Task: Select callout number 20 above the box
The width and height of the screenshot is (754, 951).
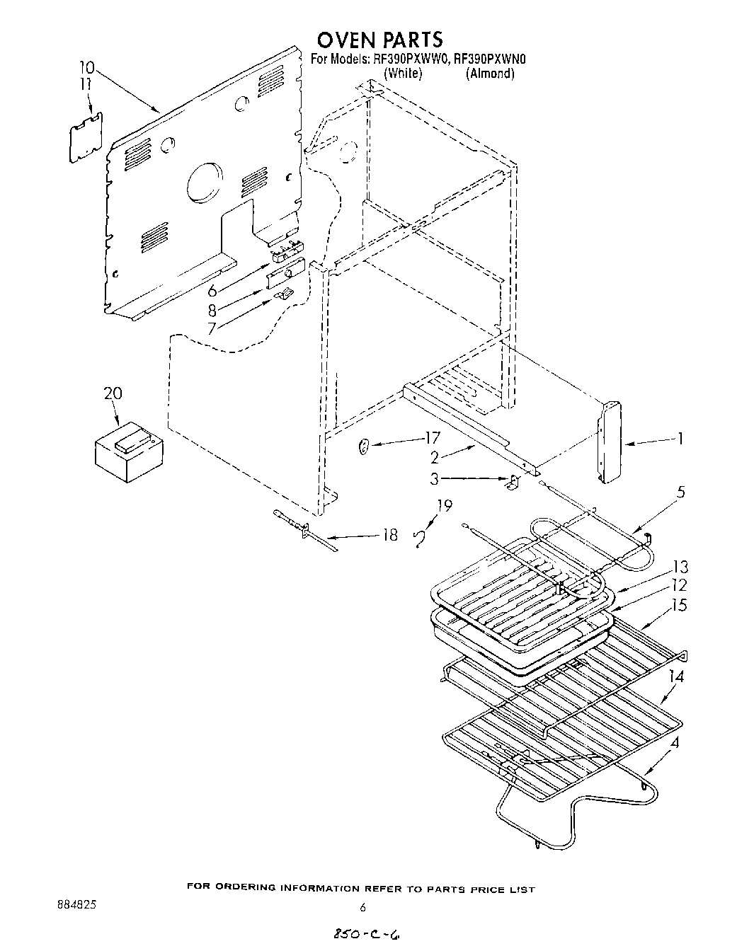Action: click(113, 394)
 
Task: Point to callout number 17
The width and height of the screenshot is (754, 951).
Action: click(431, 439)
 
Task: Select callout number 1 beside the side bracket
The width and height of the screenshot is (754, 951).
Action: click(680, 439)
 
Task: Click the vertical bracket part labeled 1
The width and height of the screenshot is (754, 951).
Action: click(610, 443)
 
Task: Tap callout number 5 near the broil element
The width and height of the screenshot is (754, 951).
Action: click(680, 492)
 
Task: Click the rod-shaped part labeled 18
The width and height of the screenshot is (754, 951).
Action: click(304, 528)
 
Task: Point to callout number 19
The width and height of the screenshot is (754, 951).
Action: click(444, 505)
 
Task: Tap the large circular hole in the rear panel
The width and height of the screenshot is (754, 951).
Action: click(205, 183)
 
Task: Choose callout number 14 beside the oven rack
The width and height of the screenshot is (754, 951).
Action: click(676, 676)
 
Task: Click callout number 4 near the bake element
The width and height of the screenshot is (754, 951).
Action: click(678, 744)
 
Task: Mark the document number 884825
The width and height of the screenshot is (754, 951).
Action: click(70, 905)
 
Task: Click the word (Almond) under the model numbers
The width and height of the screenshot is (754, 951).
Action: click(489, 74)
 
